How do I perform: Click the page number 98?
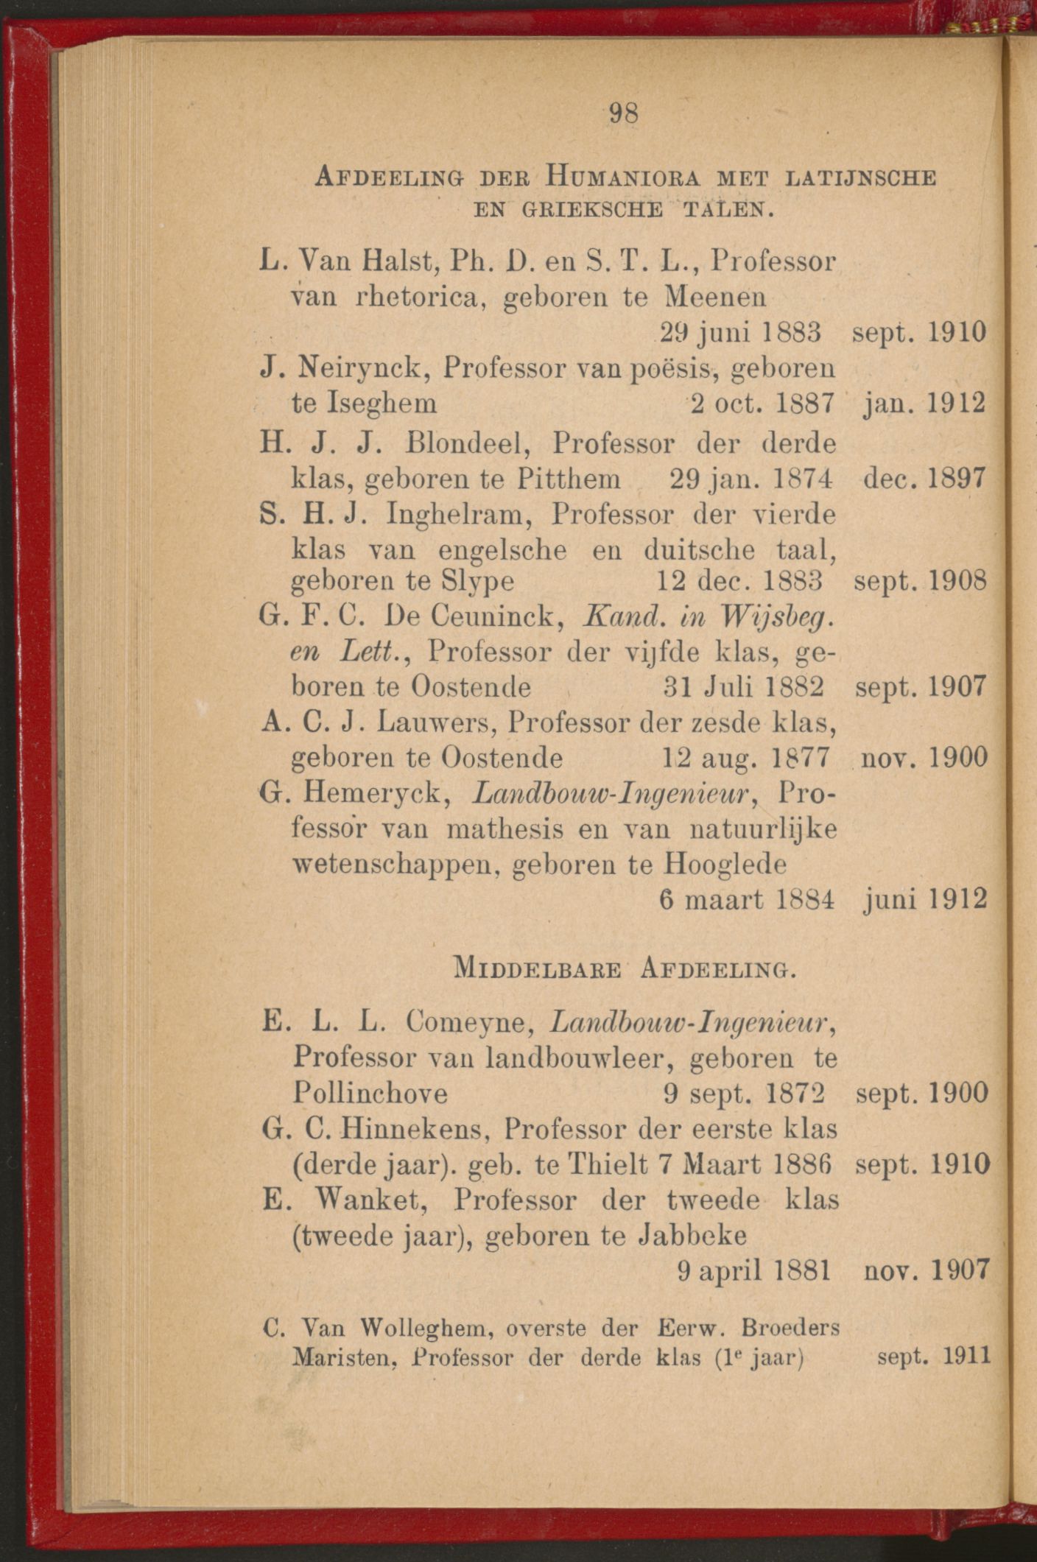[623, 113]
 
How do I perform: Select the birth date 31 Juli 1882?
[744, 686]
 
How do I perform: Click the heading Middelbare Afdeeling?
[624, 965]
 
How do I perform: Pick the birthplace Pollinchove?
[370, 1094]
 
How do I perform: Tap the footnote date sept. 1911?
[933, 1356]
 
